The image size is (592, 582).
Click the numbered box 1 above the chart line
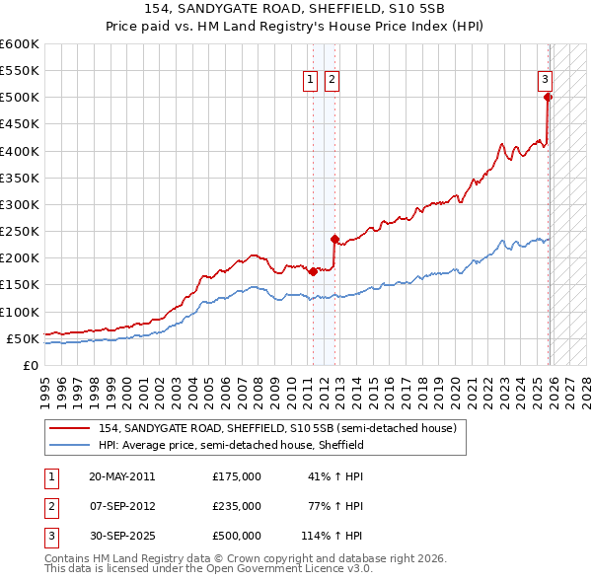[310, 81]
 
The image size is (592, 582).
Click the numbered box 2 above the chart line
[332, 81]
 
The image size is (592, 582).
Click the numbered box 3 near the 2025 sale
[544, 81]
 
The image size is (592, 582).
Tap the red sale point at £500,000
[548, 97]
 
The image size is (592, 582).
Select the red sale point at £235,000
[334, 239]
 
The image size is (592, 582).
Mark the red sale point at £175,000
[313, 271]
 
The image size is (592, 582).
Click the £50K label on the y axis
[23, 338]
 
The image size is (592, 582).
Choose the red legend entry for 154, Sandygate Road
[277, 428]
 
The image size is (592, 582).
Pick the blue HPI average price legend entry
[231, 445]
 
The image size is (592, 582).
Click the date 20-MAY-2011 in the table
[121, 476]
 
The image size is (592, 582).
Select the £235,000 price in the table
[236, 506]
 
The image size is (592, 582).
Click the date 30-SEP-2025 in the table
[121, 536]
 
